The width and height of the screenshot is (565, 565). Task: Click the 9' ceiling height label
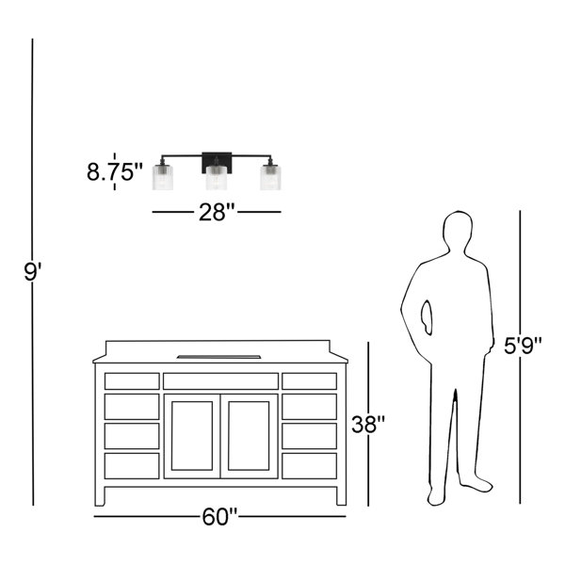(33, 272)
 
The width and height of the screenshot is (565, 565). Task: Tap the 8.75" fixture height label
(115, 171)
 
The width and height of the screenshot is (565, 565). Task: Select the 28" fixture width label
(217, 212)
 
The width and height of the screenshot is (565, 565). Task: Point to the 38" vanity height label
(368, 424)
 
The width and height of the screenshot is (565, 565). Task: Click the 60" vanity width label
(219, 517)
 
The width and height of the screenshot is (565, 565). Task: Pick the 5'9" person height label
(523, 346)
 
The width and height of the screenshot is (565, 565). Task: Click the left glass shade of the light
(163, 177)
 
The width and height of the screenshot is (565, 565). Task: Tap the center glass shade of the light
(217, 178)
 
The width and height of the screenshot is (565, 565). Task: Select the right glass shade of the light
(270, 177)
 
